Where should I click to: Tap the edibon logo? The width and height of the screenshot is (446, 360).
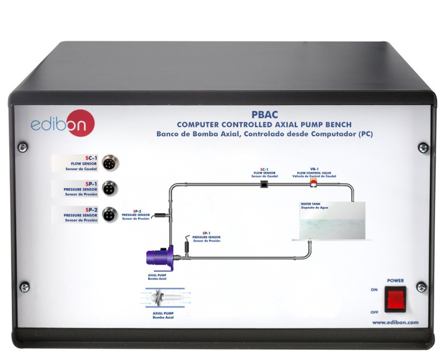pos(54,124)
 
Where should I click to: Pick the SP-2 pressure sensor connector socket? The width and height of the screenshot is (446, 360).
pos(110,215)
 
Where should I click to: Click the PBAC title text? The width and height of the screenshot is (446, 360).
pos(265,114)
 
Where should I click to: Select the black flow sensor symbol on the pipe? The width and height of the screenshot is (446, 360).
pos(264,184)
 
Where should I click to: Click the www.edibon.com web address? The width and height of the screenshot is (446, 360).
pos(395,322)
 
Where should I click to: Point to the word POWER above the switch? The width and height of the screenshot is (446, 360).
pos(395,280)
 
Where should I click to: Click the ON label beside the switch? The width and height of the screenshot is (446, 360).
pos(374,290)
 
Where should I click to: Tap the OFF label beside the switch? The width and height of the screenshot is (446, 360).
pos(374,312)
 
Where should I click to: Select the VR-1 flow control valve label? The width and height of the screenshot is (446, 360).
pos(313,171)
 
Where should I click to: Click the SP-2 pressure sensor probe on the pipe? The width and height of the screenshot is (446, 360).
pos(158,214)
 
